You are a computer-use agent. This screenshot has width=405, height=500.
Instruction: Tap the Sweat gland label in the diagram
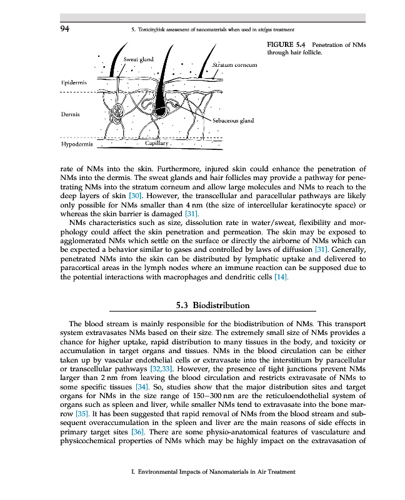[x=138, y=59]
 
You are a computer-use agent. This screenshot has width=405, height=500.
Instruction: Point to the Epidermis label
[x=73, y=82]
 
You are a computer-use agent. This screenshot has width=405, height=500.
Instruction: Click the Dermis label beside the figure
[x=69, y=114]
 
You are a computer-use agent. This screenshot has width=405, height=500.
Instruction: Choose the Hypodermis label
[x=76, y=144]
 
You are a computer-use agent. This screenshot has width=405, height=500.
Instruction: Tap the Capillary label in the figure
[x=157, y=143]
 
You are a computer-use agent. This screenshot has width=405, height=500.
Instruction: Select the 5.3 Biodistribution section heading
[x=212, y=306]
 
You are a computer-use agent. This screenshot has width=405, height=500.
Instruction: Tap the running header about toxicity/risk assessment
[x=210, y=29]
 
